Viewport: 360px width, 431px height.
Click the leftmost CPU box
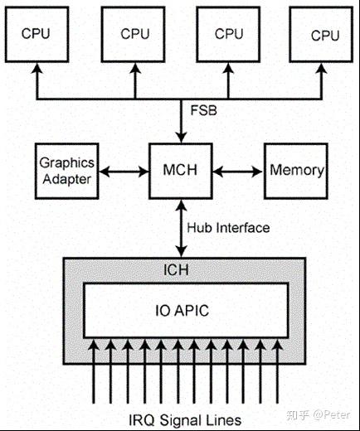click(36, 35)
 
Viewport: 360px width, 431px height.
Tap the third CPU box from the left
click(228, 35)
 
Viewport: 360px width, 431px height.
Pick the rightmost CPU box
click(324, 35)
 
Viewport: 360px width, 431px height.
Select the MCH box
click(179, 170)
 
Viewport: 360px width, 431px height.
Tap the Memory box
click(296, 170)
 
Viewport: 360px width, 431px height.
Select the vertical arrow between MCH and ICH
click(180, 227)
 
